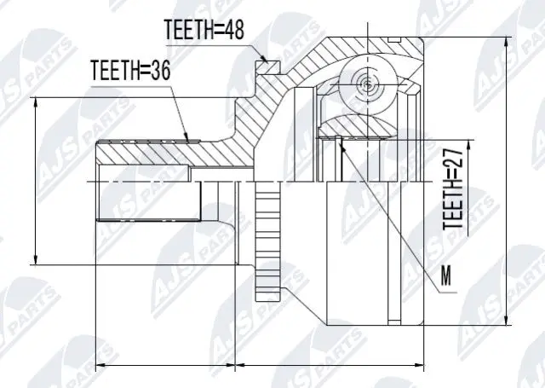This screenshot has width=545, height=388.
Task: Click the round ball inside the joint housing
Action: point(364,84)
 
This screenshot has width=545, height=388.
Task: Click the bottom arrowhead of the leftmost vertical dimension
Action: point(35,260)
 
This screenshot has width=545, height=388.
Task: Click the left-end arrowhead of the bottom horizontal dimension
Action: point(96,365)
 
